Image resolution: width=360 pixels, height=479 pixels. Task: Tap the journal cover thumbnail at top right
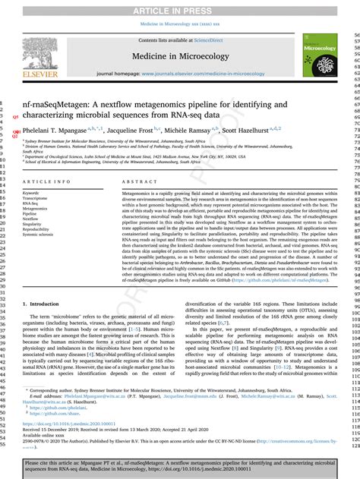(x=320, y=58)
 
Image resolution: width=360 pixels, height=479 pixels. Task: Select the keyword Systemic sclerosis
(x=44, y=235)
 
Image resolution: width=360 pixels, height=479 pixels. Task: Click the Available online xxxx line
(x=46, y=435)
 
